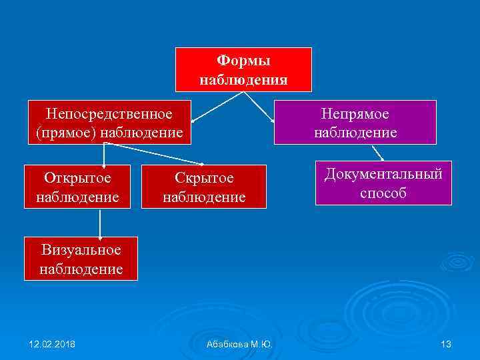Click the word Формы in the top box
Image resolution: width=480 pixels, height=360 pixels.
[243, 61]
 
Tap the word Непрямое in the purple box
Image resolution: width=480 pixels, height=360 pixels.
[355, 114]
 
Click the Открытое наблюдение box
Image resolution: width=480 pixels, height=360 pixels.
[77, 187]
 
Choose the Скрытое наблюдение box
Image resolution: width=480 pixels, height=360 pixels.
[204, 187]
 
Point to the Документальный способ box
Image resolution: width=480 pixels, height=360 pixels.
[383, 183]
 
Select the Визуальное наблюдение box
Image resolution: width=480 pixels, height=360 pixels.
[81, 259]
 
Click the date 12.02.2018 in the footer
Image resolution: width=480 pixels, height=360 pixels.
[52, 344]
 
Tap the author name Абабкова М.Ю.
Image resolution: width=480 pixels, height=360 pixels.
[240, 344]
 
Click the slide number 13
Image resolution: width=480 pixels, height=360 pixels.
[446, 344]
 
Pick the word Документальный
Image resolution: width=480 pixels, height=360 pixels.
[383, 175]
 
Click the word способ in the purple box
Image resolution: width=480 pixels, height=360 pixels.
[383, 193]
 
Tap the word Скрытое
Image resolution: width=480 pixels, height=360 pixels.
[204, 178]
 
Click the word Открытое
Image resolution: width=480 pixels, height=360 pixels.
[77, 177]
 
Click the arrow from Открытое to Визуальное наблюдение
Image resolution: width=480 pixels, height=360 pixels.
[100, 223]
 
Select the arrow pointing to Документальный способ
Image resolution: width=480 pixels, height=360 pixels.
[377, 153]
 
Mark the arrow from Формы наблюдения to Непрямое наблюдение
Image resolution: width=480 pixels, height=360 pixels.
[260, 107]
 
